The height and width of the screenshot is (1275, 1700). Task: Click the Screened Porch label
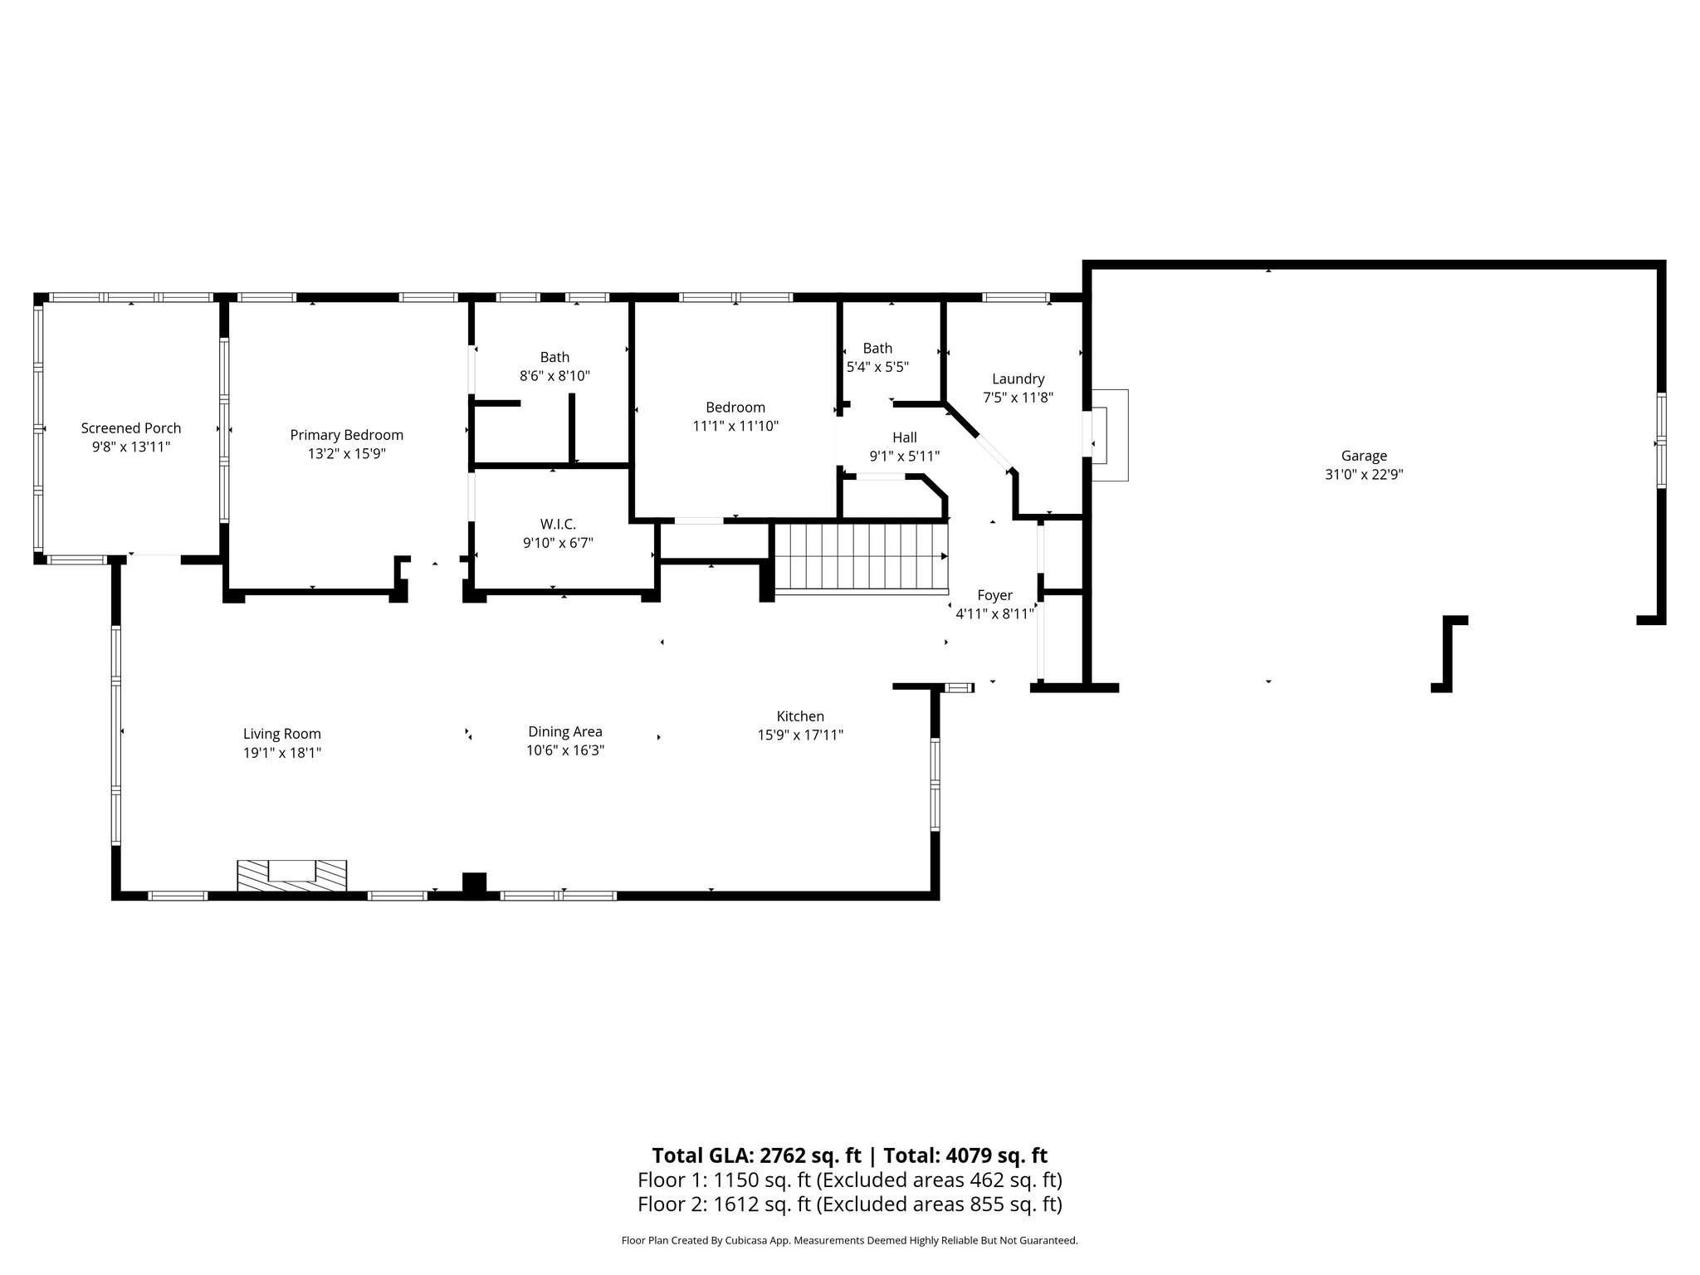click(x=131, y=428)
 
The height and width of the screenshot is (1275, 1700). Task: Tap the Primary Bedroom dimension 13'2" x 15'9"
click(x=347, y=454)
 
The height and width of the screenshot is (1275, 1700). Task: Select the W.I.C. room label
click(x=558, y=525)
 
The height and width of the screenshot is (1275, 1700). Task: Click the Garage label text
click(x=1364, y=456)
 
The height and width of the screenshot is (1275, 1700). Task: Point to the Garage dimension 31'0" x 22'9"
click(x=1364, y=475)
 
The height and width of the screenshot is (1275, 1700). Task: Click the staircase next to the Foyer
click(x=860, y=558)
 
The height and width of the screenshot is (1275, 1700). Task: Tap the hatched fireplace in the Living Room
click(x=291, y=876)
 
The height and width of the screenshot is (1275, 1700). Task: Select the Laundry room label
click(x=1018, y=379)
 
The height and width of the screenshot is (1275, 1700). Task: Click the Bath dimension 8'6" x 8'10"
click(x=554, y=376)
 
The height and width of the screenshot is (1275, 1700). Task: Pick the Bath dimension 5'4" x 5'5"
click(x=877, y=366)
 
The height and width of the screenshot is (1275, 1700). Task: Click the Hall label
click(x=905, y=437)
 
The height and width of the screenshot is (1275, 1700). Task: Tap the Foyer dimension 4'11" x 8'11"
click(x=994, y=614)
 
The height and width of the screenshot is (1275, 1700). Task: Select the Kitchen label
click(x=800, y=716)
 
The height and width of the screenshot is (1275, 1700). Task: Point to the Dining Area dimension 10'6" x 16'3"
click(x=565, y=750)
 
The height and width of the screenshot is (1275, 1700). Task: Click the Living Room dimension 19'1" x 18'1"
click(x=282, y=753)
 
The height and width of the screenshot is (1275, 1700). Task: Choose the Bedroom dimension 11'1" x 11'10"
click(x=735, y=426)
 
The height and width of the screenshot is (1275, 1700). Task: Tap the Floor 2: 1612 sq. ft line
click(x=849, y=1204)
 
